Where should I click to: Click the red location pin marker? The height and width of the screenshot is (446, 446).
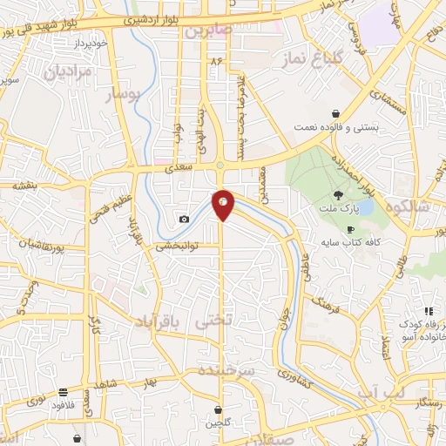click(223, 204)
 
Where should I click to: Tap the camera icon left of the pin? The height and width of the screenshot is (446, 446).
click(184, 219)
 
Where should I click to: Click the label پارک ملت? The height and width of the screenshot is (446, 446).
click(338, 210)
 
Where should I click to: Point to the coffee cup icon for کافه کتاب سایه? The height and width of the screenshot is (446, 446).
click(350, 230)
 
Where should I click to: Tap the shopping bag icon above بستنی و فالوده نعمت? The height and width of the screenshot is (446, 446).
click(335, 112)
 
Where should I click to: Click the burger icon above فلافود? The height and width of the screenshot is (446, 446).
click(62, 392)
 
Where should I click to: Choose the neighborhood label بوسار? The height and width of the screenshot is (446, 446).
click(123, 96)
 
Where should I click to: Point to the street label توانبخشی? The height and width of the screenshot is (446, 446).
click(176, 247)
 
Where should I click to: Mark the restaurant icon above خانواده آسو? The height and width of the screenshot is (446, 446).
click(428, 311)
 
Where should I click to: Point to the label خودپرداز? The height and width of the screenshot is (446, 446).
click(90, 42)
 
